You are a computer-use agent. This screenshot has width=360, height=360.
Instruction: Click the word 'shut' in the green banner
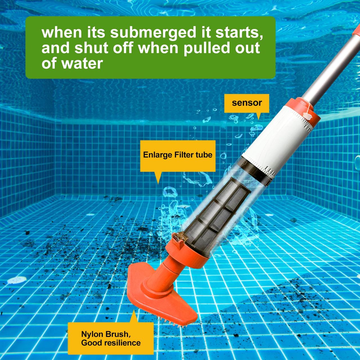[91, 48]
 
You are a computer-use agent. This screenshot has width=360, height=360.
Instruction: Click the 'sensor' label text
[247, 103]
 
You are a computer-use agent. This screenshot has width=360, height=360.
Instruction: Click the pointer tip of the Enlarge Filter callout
[158, 184]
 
